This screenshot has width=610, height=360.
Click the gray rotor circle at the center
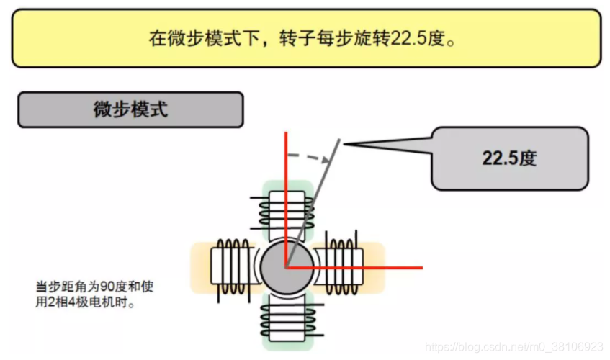(x=287, y=267)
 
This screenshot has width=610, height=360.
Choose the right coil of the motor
(x=341, y=265)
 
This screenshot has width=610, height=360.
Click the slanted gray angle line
(x=313, y=203)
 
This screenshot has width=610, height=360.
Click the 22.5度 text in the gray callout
(x=510, y=158)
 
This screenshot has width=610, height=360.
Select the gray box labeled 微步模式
(x=131, y=109)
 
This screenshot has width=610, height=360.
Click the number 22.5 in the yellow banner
(x=408, y=38)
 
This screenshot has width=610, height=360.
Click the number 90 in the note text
(x=108, y=287)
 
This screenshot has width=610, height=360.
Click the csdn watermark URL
(x=514, y=347)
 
